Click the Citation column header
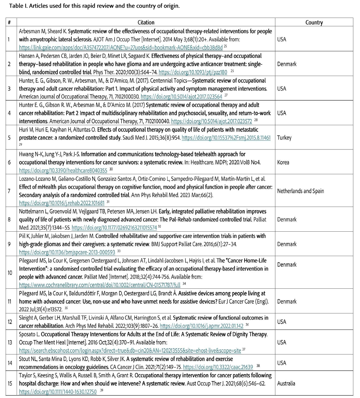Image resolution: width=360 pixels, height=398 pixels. pos(146,23)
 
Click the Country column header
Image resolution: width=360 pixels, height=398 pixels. pos(314,23)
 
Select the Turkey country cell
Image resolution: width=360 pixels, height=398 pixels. pos(284,138)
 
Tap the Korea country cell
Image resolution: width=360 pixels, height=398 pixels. pos(283,162)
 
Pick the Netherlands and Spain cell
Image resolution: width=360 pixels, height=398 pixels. pos(301,191)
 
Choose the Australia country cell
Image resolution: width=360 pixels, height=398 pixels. pos(286,383)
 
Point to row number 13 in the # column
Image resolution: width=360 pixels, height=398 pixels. pos(9,343)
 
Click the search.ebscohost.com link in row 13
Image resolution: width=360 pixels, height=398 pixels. pos(130,351)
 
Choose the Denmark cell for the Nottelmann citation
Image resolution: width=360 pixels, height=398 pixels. pos(287,219)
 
